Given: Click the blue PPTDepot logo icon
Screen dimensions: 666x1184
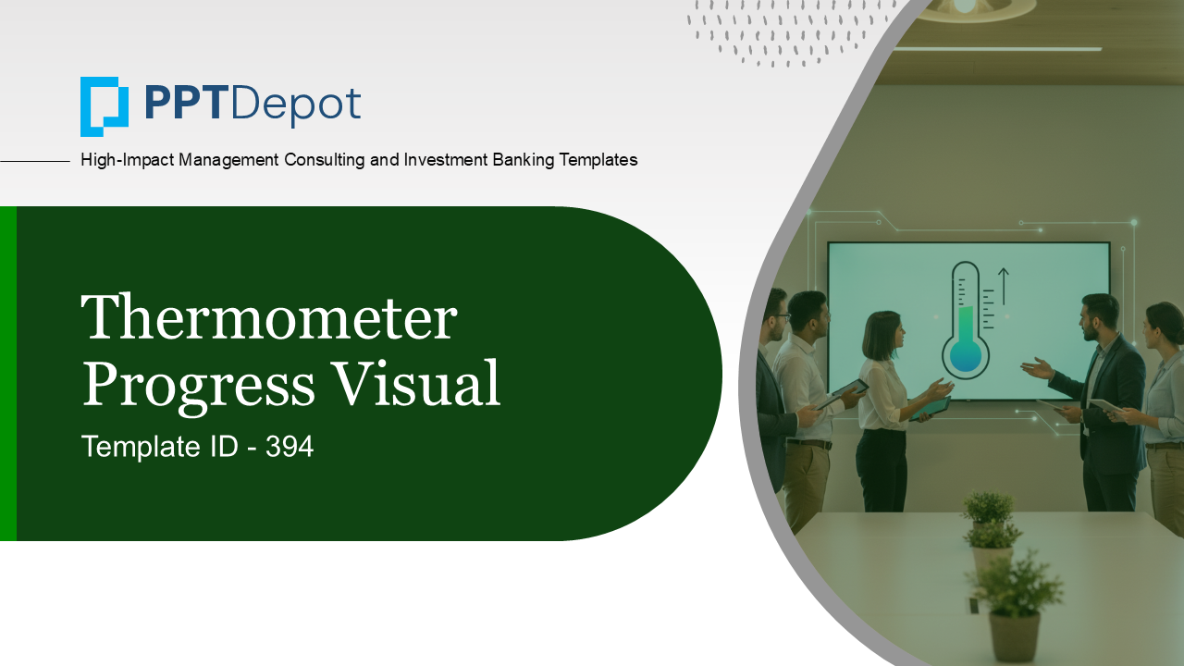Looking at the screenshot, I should pyautogui.click(x=104, y=106).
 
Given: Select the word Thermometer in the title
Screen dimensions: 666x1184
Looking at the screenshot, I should pyautogui.click(x=269, y=318).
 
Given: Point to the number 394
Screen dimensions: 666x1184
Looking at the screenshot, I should pyautogui.click(x=290, y=447).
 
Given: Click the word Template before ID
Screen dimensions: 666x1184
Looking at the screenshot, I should pyautogui.click(x=139, y=447).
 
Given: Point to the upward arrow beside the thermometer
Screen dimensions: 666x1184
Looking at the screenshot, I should pyautogui.click(x=1004, y=287).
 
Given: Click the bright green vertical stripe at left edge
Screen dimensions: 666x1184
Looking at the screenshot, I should pyautogui.click(x=7, y=374).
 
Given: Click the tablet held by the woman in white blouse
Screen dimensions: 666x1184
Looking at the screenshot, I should pyautogui.click(x=930, y=408).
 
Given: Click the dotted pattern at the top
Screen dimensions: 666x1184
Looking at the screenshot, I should pyautogui.click(x=786, y=32).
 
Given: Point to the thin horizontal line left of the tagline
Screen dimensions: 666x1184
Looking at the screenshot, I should pyautogui.click(x=35, y=161).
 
